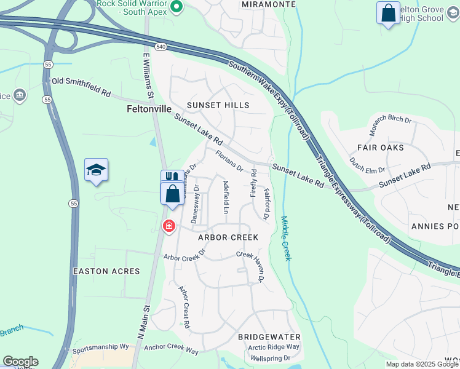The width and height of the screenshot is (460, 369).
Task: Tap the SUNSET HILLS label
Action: [x=218, y=105]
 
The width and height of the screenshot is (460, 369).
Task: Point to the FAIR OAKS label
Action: [x=381, y=148]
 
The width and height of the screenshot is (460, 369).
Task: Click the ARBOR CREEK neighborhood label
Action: [x=228, y=237]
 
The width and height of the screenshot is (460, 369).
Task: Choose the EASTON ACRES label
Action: [x=106, y=271]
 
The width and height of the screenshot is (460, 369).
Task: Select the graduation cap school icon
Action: [x=96, y=170]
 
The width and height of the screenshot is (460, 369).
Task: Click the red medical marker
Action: [x=169, y=227]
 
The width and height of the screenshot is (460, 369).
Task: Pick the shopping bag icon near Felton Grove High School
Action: [x=388, y=13]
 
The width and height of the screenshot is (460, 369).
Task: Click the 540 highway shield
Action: [x=161, y=47]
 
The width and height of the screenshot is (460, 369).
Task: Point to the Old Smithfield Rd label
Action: [x=81, y=87]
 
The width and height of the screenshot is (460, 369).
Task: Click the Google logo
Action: [x=20, y=362]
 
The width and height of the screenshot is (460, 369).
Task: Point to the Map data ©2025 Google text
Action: [x=422, y=364]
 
